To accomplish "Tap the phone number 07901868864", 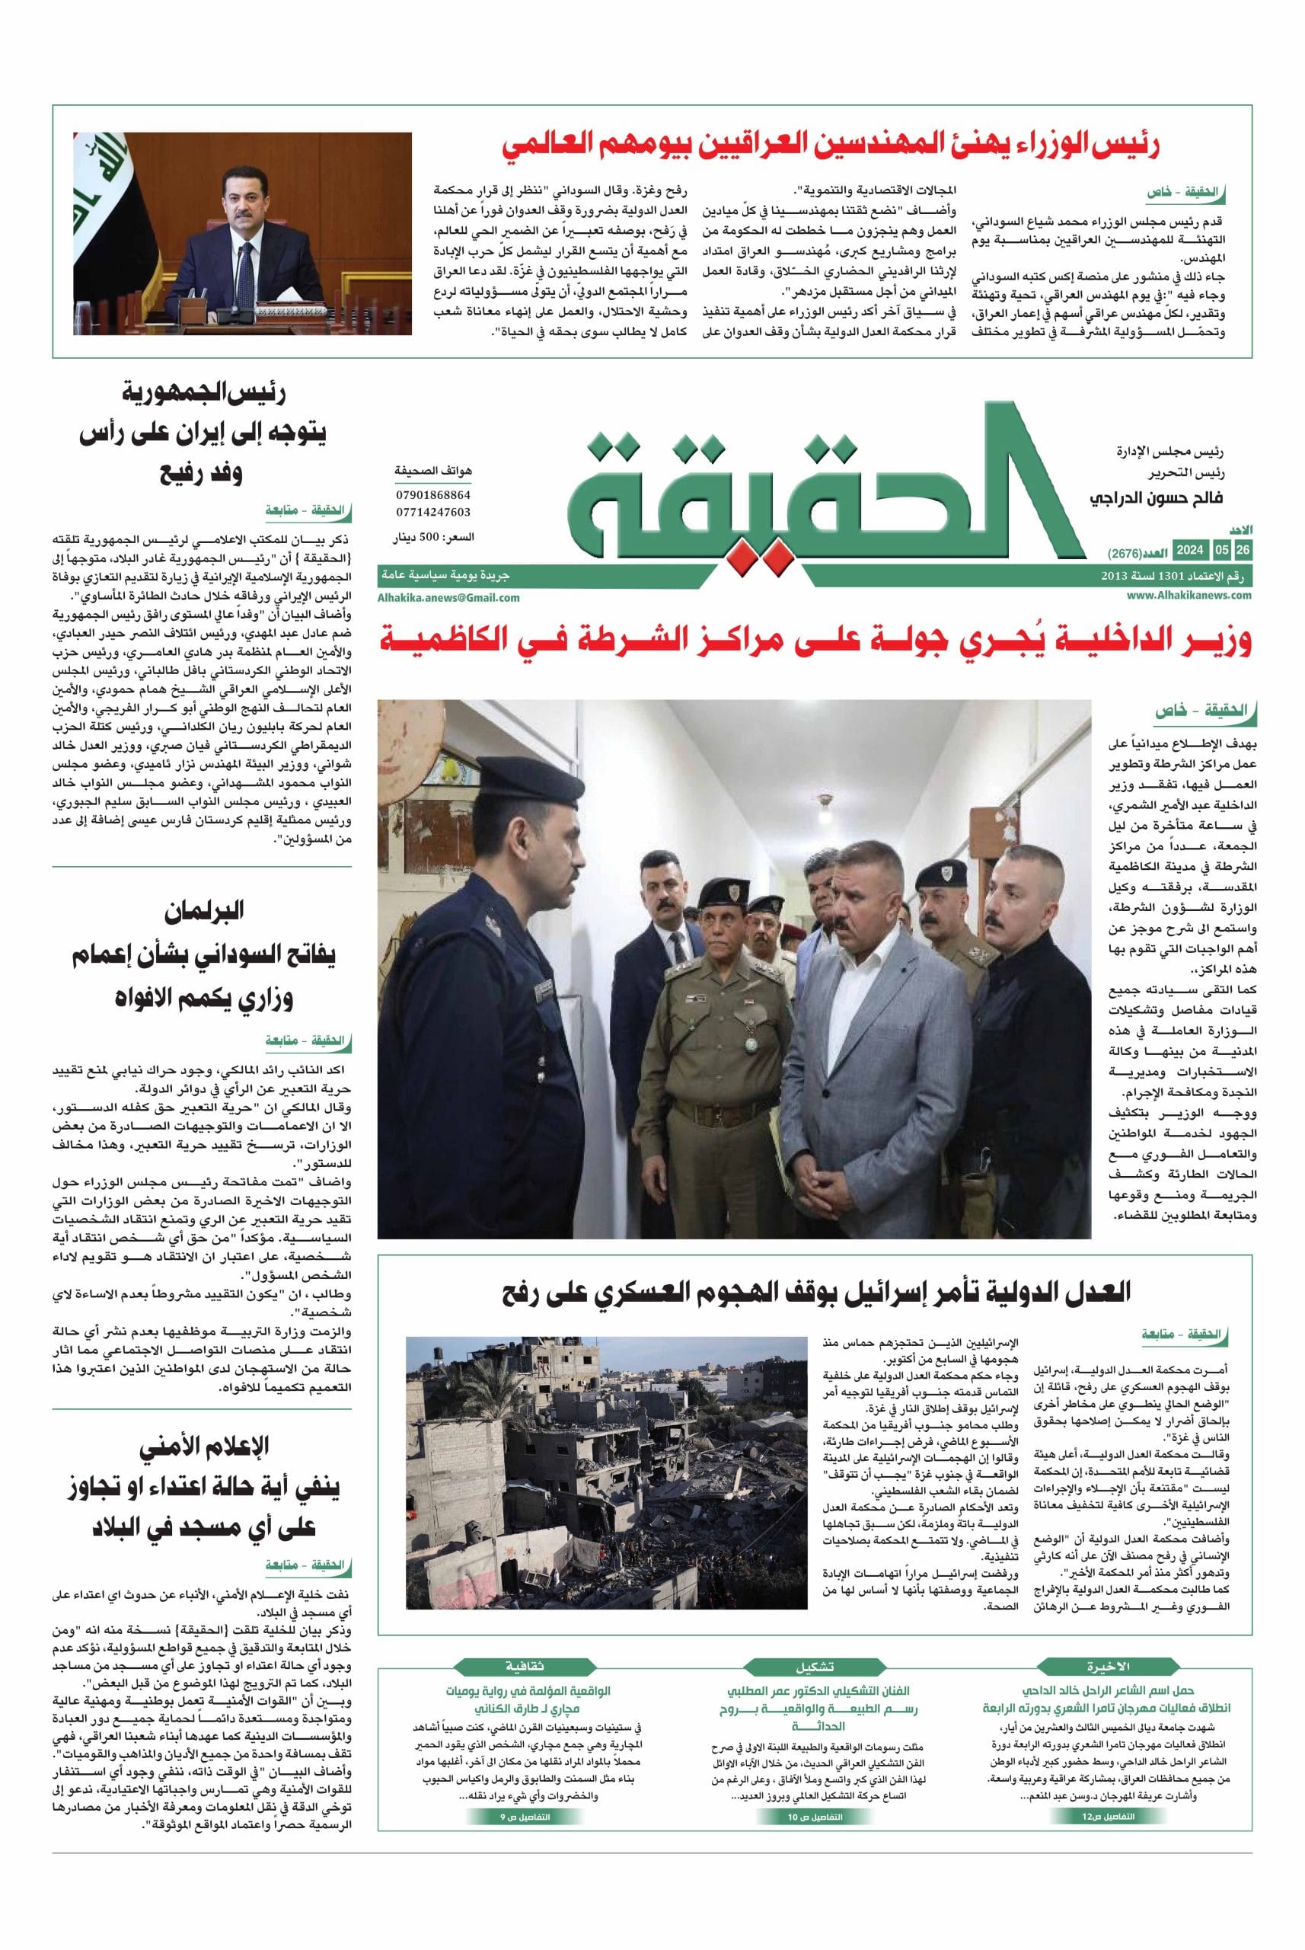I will pos(432,494).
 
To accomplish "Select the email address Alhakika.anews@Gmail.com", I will pos(448,597).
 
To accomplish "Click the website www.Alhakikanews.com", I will pos(1189,596).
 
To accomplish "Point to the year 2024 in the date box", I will pos(1190,551).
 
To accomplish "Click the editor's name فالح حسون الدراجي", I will pos(1157,498).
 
